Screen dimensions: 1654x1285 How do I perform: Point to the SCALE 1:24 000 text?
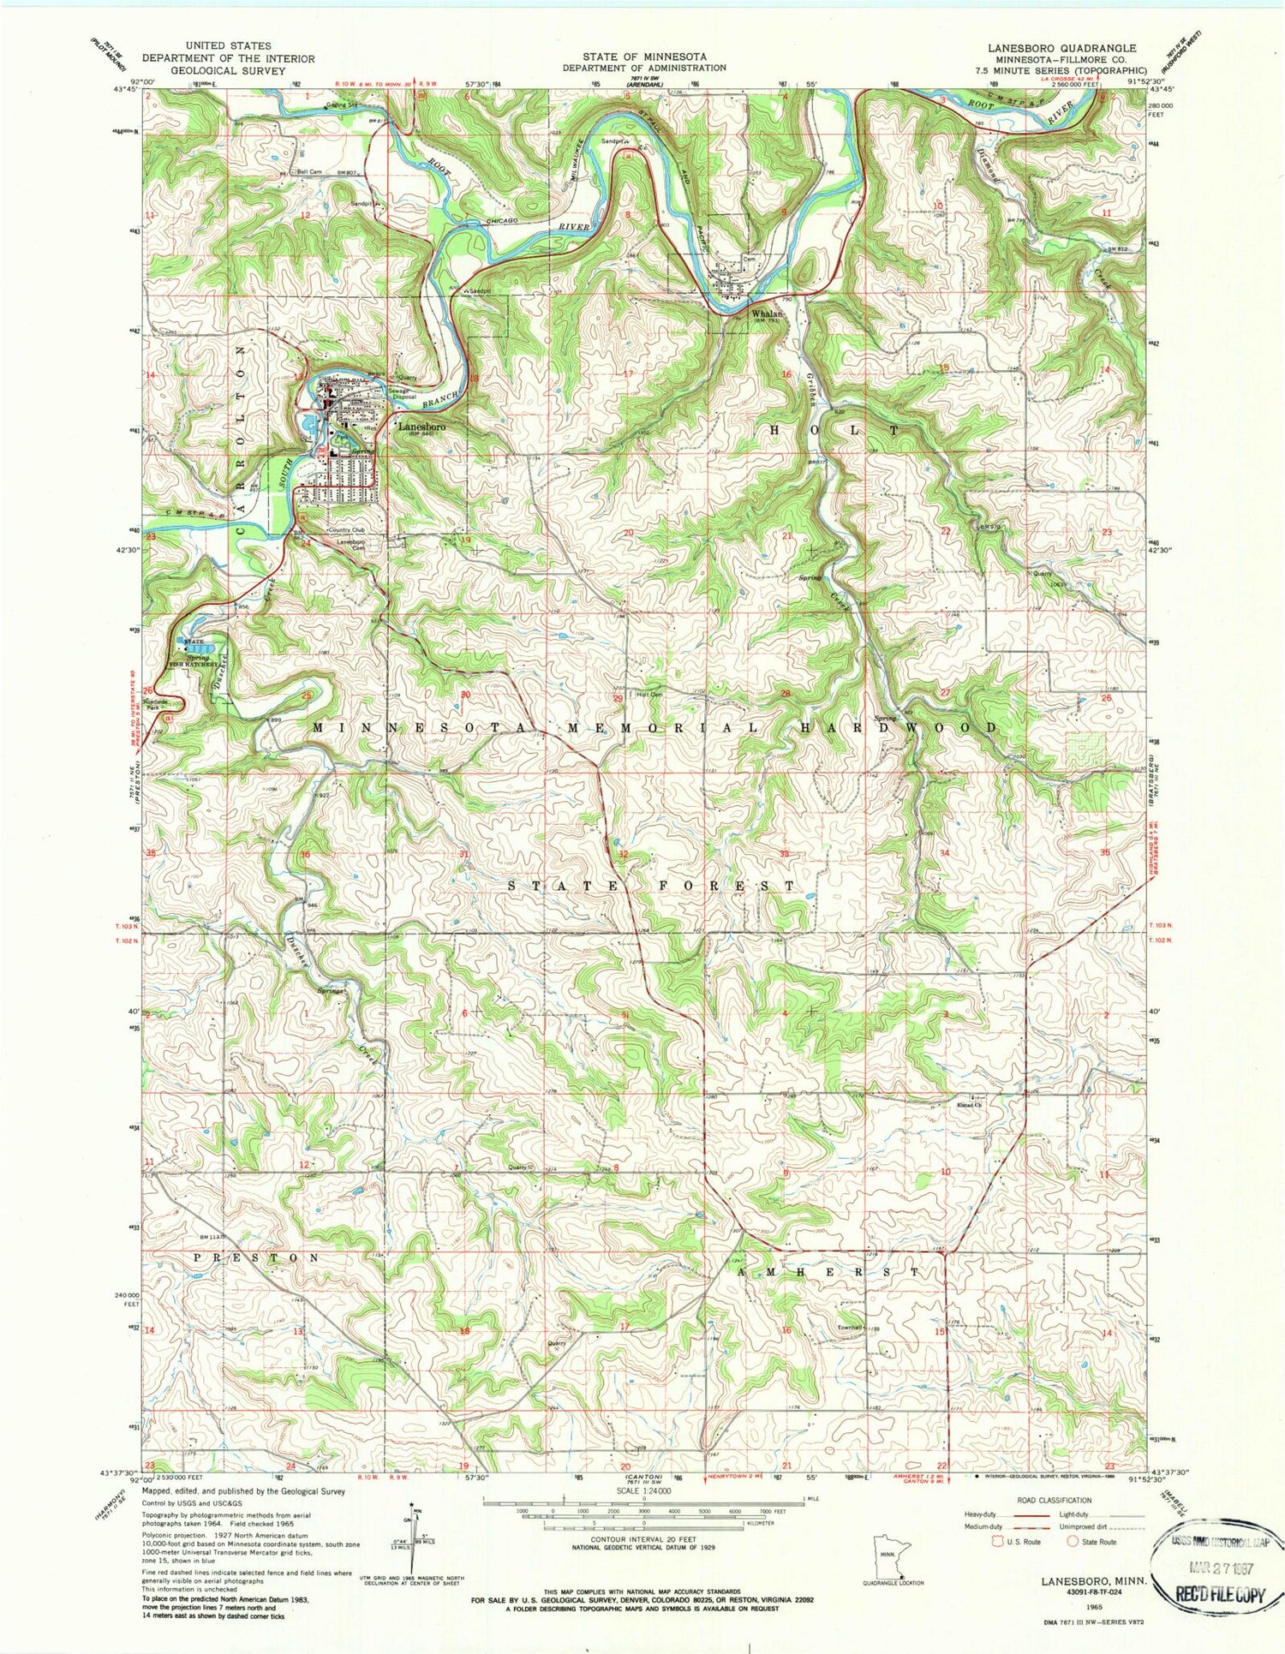click(x=642, y=1503)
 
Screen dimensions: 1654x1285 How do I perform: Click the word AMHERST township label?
click(x=828, y=1272)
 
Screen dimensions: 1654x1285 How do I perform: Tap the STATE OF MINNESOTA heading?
click(x=644, y=56)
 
